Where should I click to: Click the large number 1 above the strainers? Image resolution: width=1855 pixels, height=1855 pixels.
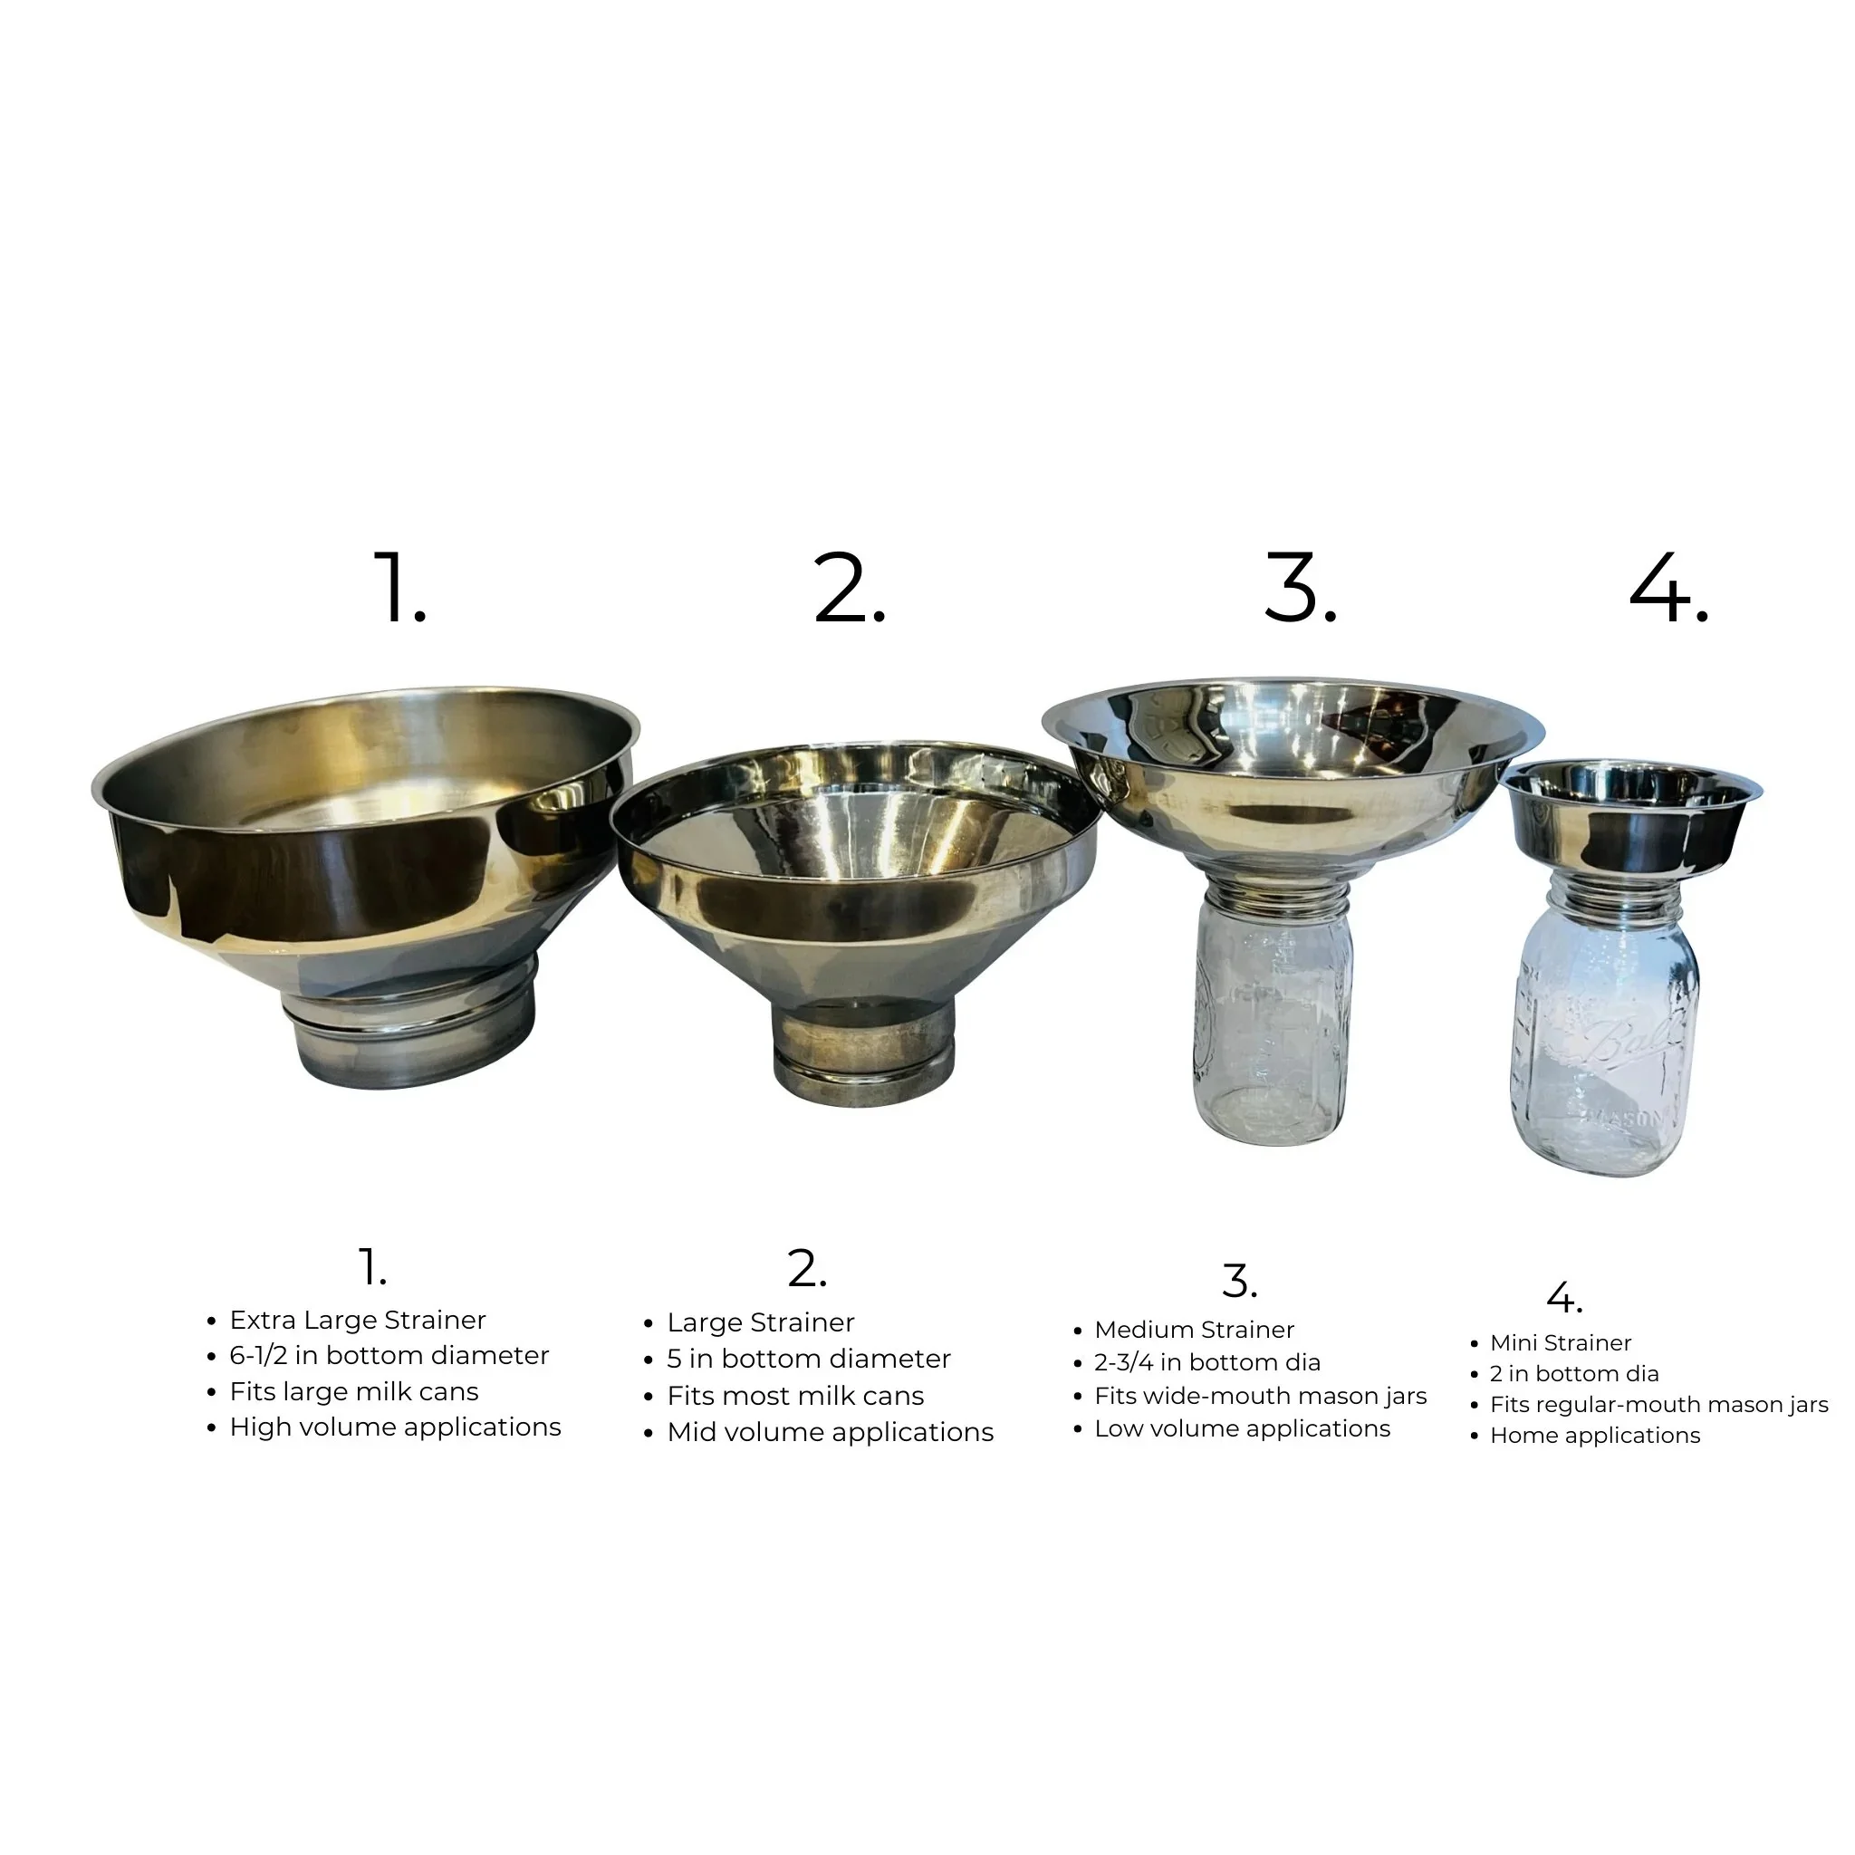398,588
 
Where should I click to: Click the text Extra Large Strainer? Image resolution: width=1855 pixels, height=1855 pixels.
357,1321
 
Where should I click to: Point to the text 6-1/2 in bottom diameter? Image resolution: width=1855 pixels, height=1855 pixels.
389,1356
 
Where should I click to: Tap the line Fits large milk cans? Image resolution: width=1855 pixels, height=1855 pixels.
353,1392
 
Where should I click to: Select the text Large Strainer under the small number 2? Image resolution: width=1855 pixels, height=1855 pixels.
761,1323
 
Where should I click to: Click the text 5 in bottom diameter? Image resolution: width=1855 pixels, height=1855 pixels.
809,1360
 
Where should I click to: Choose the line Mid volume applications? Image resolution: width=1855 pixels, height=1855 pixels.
830,1433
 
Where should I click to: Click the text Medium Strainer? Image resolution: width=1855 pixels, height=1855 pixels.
1194,1330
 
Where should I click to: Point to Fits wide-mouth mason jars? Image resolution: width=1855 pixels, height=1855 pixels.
1260,1396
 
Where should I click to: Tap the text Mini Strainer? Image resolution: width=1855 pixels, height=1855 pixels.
1561,1343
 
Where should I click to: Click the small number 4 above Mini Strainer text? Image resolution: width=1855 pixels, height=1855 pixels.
1563,1298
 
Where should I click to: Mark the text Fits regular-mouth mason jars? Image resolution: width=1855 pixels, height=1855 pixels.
1658,1405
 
